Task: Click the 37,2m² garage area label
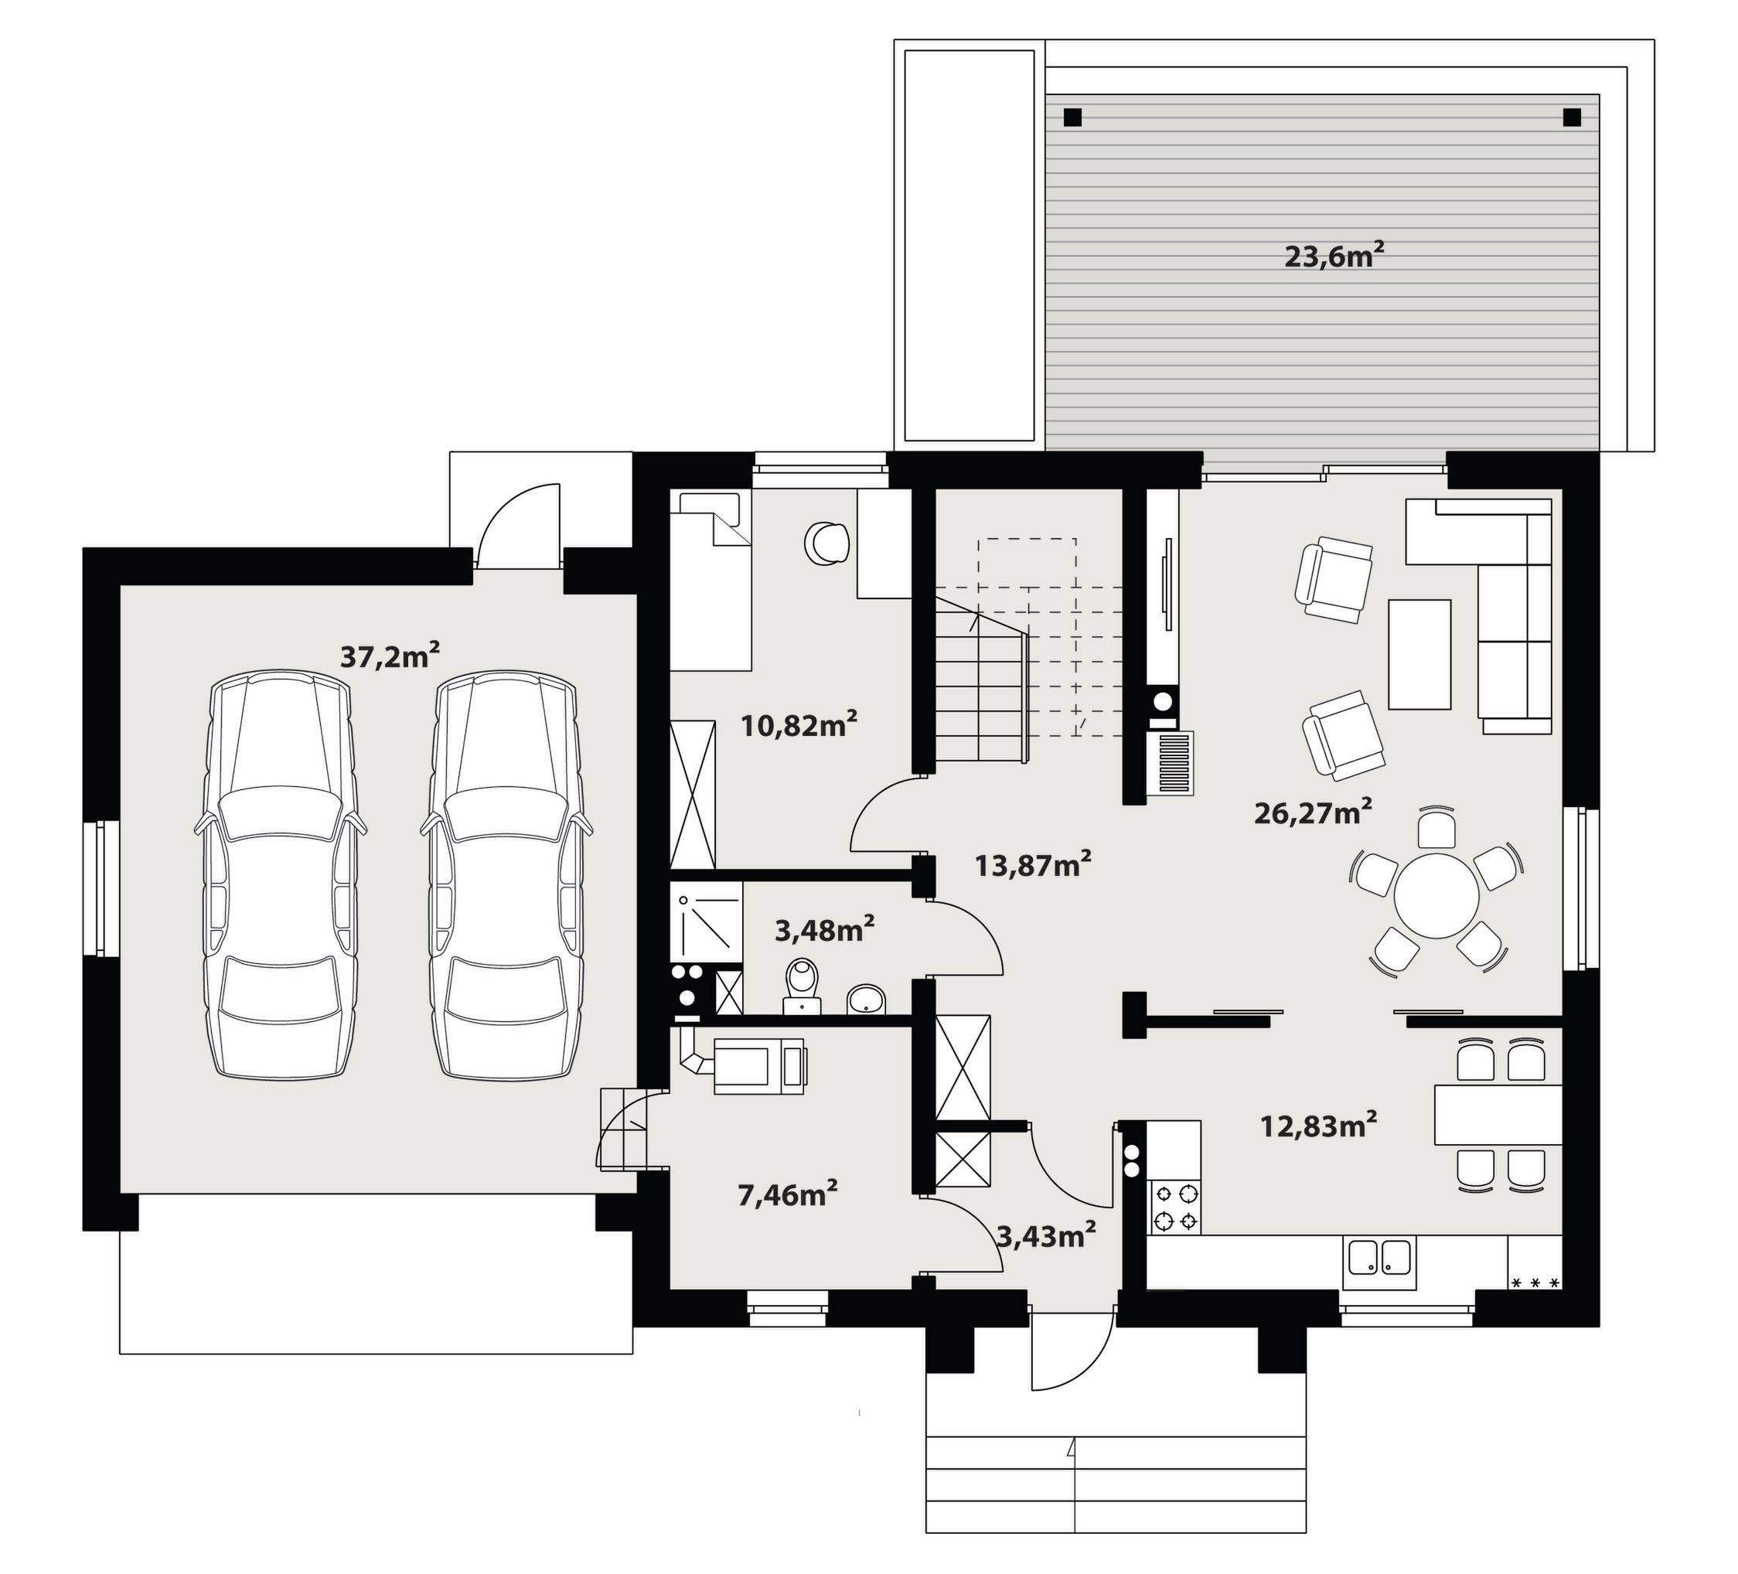click(x=390, y=656)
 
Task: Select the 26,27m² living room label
click(x=1313, y=813)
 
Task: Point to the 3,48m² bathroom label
click(x=825, y=929)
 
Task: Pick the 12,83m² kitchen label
click(x=1318, y=1125)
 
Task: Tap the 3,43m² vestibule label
click(x=1046, y=1236)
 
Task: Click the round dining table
click(x=1436, y=895)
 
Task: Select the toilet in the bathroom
click(x=802, y=984)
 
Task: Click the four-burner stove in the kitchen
click(x=1175, y=1207)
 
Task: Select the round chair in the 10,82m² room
click(x=826, y=543)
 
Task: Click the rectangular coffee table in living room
click(x=1419, y=654)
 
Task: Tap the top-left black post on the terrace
click(x=1072, y=118)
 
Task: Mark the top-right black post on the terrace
click(x=1573, y=118)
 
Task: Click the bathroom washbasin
click(x=866, y=1000)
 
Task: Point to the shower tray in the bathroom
click(x=706, y=922)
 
